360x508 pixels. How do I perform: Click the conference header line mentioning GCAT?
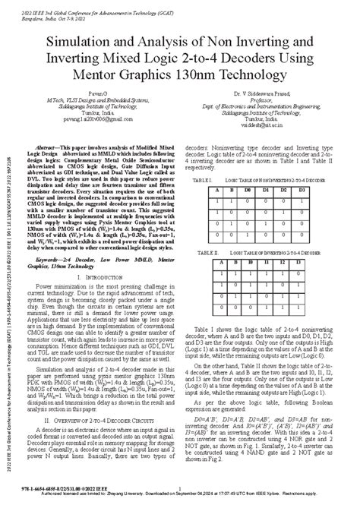click(x=92, y=7)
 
